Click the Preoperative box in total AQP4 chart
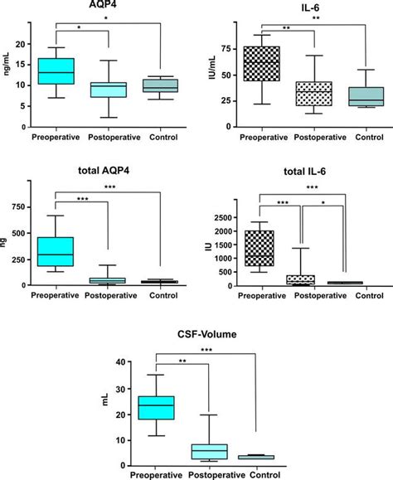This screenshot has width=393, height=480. [x=56, y=251]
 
